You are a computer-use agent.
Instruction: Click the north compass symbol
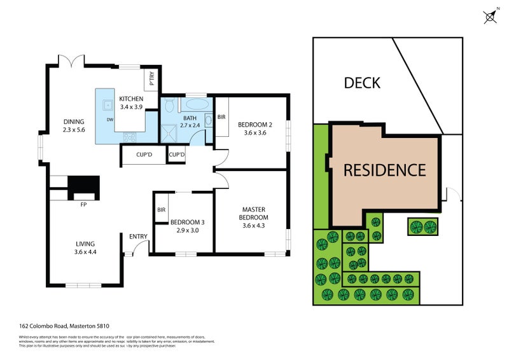point(491,17)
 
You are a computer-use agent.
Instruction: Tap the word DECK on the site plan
point(362,83)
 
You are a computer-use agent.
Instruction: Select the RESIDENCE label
point(384,170)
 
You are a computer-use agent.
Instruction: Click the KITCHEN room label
point(131,99)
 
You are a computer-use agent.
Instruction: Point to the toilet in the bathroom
point(168,106)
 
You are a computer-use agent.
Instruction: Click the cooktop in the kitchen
point(129,136)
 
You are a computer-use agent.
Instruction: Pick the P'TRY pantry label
point(152,80)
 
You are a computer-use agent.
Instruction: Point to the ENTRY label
point(138,237)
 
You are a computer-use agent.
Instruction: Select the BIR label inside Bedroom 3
point(161,209)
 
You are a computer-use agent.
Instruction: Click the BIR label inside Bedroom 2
point(221,117)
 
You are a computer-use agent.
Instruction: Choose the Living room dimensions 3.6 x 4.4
point(85,252)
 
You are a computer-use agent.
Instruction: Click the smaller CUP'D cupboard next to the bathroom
point(176,155)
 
